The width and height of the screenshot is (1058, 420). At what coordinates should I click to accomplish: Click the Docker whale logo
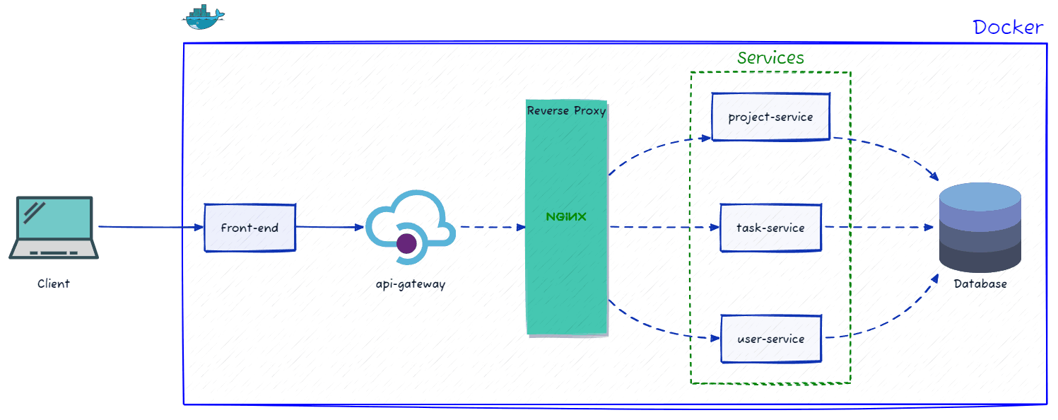(x=202, y=17)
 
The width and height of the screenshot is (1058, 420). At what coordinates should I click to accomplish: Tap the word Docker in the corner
(x=1007, y=28)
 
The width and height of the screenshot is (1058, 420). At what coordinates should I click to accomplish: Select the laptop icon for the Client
(x=54, y=228)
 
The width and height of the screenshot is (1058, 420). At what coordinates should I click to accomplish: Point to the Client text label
(x=54, y=284)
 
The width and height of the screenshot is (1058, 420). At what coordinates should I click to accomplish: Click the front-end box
(x=249, y=228)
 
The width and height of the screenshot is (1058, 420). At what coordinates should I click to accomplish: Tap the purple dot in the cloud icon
(x=406, y=244)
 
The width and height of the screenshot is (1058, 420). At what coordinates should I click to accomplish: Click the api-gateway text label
(x=411, y=284)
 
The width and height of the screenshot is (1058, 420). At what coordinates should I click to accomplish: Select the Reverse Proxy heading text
(x=566, y=111)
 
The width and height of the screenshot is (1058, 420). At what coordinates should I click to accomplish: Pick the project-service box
(x=770, y=117)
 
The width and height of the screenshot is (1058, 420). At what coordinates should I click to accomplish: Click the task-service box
(x=770, y=228)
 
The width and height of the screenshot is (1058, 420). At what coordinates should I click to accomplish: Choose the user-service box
(x=770, y=339)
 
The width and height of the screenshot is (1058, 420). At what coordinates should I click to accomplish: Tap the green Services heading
(x=770, y=58)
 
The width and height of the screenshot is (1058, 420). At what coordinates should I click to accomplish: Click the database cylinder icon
(x=980, y=228)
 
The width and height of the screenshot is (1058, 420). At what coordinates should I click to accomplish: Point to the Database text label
(x=980, y=284)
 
